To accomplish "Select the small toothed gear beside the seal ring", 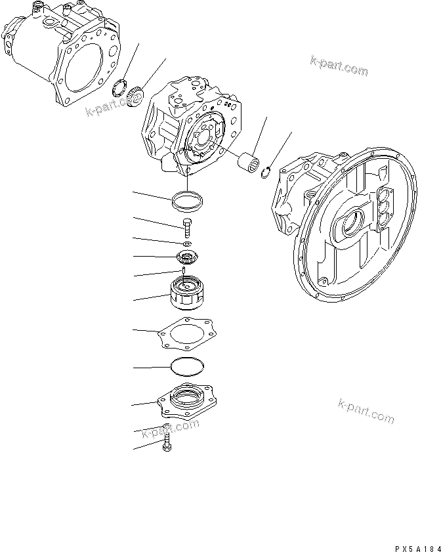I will (x=136, y=96).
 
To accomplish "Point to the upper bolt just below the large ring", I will (x=187, y=226).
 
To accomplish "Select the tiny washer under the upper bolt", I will (x=187, y=244).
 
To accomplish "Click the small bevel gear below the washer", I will (x=186, y=257).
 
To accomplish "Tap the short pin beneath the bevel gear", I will (x=186, y=271).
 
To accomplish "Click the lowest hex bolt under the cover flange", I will (x=167, y=442).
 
